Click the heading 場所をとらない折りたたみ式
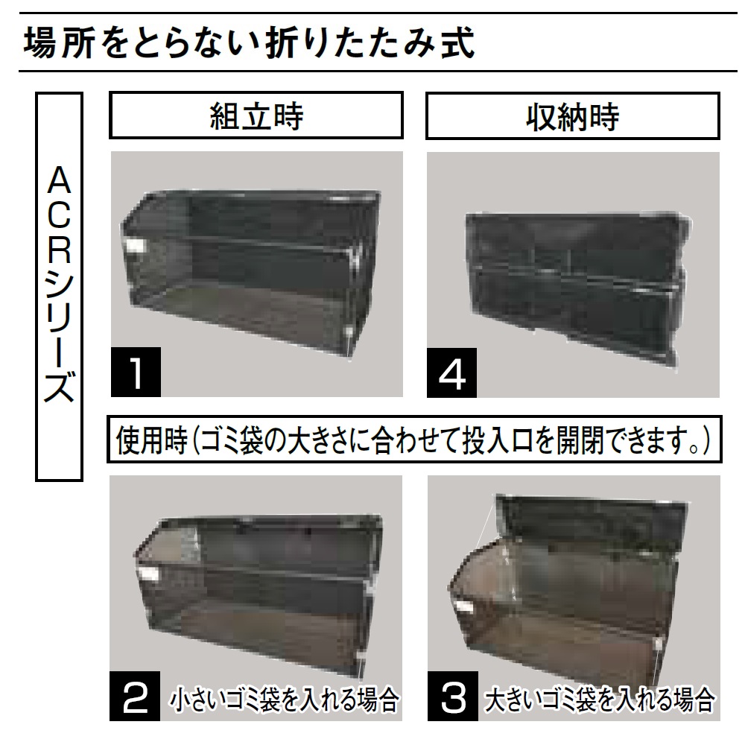(250, 43)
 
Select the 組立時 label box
(256, 115)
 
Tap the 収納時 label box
(572, 115)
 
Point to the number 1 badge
(136, 371)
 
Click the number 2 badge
(136, 698)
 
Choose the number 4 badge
(453, 371)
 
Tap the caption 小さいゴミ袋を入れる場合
(285, 700)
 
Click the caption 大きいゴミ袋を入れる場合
(600, 700)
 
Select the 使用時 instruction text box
(413, 443)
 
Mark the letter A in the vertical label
(60, 181)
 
